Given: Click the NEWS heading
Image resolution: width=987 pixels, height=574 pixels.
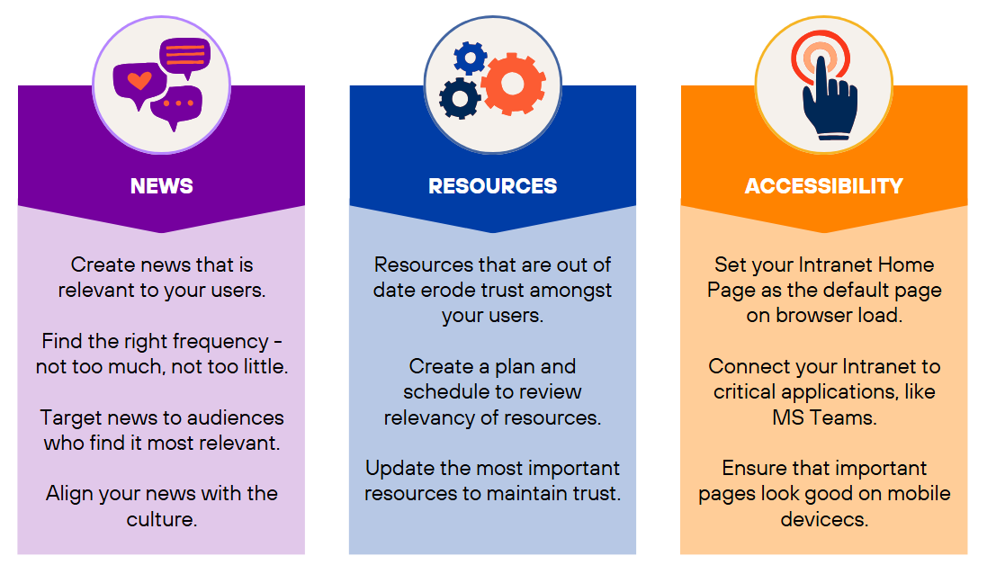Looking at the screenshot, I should [x=162, y=186].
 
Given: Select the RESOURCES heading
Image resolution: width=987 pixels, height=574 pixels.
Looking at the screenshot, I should [x=492, y=186].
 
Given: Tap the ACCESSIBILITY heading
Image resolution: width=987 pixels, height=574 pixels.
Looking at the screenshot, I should [x=823, y=186].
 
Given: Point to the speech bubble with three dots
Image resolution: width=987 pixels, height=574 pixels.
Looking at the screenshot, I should [x=176, y=106].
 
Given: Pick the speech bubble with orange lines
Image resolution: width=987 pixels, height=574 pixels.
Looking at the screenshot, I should [x=184, y=55].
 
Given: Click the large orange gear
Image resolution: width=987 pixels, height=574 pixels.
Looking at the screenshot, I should [x=512, y=84].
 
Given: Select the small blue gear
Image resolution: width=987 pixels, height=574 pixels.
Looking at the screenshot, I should [x=470, y=58].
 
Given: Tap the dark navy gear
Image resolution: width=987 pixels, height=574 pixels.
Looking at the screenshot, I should [x=460, y=98].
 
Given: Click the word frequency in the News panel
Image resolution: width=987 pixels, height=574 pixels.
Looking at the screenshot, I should [x=219, y=342].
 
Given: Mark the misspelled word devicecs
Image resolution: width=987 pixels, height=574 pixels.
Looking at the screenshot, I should [x=823, y=519].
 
